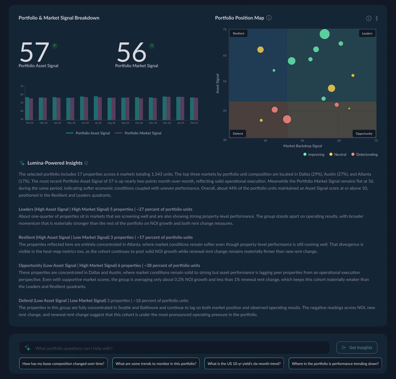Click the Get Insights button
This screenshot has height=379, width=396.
tap(357, 348)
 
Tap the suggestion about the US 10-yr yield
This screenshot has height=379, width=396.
tap(244, 363)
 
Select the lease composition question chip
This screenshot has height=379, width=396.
tap(63, 363)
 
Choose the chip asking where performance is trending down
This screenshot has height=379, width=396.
tap(335, 363)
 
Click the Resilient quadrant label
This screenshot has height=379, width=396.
tap(239, 33)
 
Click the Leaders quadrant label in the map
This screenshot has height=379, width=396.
tap(367, 33)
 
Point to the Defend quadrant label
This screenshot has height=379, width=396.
tap(238, 133)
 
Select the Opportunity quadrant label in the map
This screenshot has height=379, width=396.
tap(364, 133)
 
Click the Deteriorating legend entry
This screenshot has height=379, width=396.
tap(365, 155)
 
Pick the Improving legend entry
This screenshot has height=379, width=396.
tap(314, 155)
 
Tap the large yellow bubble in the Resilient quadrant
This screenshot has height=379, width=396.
tap(260, 50)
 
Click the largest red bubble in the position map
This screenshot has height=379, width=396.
tap(287, 119)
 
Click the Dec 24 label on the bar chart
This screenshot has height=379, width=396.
tap(167, 123)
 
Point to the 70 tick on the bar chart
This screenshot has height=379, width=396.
tap(22, 86)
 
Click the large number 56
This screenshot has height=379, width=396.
tap(132, 52)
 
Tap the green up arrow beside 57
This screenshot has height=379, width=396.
tap(54, 46)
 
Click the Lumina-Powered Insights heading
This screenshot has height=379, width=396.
tap(55, 163)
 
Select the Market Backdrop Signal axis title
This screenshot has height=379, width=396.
tap(302, 146)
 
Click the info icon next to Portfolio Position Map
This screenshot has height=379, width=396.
tap(269, 18)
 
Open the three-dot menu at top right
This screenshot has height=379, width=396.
tap(377, 18)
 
